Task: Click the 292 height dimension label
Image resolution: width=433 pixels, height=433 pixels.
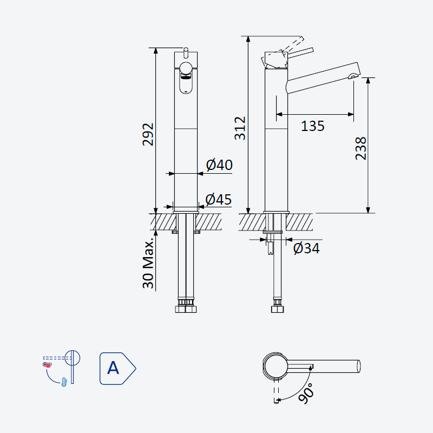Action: click(148, 134)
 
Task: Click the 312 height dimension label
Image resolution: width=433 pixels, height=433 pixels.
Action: click(240, 128)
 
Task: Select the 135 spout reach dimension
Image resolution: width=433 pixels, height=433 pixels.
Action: click(313, 126)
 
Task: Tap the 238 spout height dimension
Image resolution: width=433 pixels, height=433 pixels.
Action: click(360, 148)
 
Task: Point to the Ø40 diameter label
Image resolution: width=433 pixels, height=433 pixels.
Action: click(219, 165)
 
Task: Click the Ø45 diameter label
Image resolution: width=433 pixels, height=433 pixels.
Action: click(219, 199)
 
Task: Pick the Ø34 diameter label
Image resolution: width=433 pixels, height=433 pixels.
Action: click(306, 248)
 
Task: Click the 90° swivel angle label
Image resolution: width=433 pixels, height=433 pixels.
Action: click(306, 393)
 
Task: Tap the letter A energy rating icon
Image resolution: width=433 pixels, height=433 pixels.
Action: click(117, 369)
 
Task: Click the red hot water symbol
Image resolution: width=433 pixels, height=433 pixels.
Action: click(47, 365)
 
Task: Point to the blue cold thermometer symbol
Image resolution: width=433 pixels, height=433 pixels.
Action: click(64, 382)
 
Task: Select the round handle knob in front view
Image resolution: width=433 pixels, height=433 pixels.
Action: click(186, 68)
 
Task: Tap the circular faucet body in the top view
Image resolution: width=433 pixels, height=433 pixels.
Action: click(275, 366)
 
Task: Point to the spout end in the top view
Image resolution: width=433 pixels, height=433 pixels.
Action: click(359, 366)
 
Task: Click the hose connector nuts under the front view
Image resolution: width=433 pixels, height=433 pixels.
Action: click(186, 305)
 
